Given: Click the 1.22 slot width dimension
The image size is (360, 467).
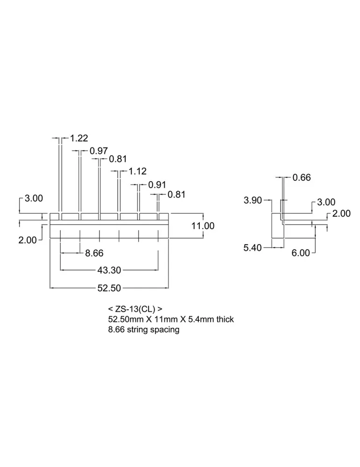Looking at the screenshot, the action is pyautogui.click(x=79, y=138).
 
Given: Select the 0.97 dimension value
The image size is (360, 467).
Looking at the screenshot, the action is pyautogui.click(x=99, y=151).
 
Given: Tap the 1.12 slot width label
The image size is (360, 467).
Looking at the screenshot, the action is pyautogui.click(x=138, y=171).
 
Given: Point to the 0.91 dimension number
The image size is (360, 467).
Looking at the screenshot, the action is pyautogui.click(x=157, y=184).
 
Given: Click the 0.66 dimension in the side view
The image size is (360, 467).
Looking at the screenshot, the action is pyautogui.click(x=301, y=177).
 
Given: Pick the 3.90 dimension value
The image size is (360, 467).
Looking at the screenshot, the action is pyautogui.click(x=253, y=200).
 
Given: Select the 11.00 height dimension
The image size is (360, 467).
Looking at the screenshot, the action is pyautogui.click(x=203, y=226).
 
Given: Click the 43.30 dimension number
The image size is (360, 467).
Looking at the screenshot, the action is pyautogui.click(x=109, y=270).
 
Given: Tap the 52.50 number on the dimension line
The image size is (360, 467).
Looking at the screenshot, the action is pyautogui.click(x=109, y=288).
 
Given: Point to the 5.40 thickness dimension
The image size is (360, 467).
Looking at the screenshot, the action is pyautogui.click(x=253, y=248).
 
